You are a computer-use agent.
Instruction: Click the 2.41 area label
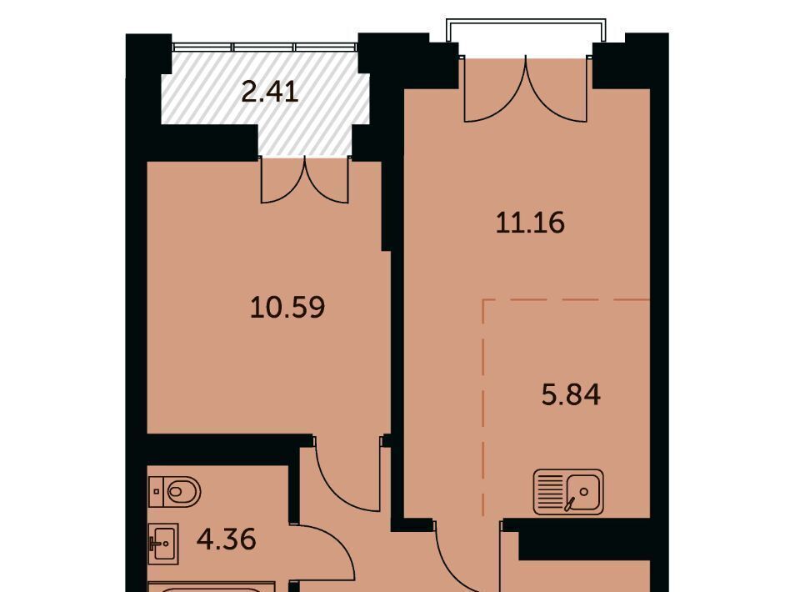pos(269,93)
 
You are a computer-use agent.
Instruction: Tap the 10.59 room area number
pos(287,308)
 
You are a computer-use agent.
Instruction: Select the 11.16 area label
pos(530,223)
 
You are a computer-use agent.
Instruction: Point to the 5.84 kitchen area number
pos(571,395)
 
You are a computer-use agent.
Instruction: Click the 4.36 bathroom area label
pos(226,539)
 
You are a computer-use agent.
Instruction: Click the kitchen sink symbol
pos(568,491)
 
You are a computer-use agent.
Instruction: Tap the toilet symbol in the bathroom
pos(175,492)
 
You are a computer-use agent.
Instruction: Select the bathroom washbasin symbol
pos(163,544)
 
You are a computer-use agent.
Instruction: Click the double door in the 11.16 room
pos(526,89)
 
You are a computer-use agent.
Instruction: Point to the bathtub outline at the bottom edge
pos(212,587)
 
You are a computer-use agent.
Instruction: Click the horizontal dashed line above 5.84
pos(567,300)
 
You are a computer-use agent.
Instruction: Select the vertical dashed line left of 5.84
pos(483,407)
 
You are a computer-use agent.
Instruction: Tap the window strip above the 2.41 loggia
pos(265,47)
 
